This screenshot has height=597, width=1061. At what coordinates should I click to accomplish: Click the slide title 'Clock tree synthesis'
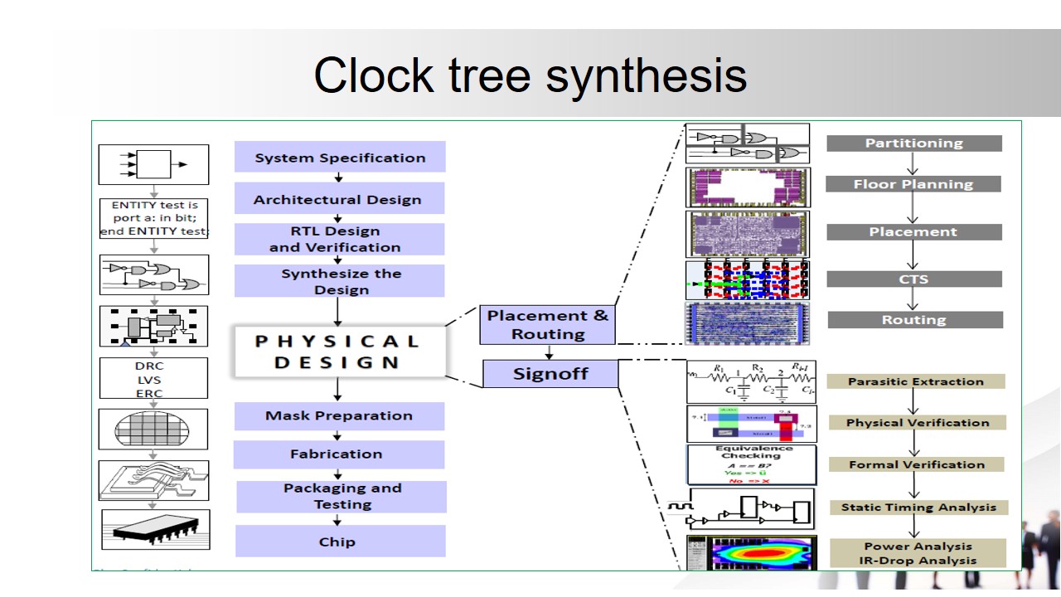(530, 75)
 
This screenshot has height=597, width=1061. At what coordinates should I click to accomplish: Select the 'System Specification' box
(340, 158)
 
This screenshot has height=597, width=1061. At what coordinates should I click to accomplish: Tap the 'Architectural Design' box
(337, 199)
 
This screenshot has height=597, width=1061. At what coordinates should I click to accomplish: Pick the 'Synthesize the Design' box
(340, 281)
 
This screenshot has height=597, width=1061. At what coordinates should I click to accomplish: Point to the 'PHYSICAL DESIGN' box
(338, 352)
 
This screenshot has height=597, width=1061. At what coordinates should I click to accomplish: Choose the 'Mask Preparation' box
(339, 415)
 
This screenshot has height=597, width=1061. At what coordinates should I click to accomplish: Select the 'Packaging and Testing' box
(342, 496)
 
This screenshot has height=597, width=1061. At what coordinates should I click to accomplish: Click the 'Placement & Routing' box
(547, 324)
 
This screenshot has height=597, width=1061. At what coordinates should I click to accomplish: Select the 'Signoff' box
(550, 373)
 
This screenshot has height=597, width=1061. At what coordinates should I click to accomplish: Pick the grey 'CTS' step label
(914, 279)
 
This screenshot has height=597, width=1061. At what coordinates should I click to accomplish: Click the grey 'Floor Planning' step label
(913, 184)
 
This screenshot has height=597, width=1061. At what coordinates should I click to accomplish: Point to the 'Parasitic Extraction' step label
(916, 381)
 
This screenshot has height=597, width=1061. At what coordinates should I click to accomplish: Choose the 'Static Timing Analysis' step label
(918, 507)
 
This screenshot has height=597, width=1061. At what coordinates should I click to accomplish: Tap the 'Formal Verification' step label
(917, 464)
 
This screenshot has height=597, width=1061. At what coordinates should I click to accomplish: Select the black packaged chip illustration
(156, 529)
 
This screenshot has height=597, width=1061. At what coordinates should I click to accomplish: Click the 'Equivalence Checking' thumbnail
(751, 464)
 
